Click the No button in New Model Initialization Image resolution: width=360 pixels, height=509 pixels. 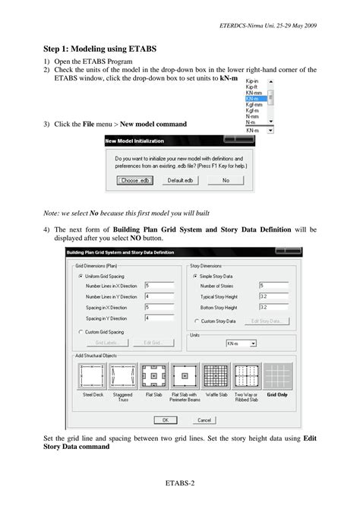pos(226,181)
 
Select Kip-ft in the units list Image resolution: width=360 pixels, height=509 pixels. pos(251,87)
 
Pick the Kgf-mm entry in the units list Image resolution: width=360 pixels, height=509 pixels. pos(254,104)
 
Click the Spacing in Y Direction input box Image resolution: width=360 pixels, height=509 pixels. pos(157,318)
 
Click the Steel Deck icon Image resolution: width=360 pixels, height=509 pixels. pos(93,375)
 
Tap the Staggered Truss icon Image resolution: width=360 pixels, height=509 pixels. pos(123,375)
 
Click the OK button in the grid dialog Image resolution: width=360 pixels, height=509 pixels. pos(164,419)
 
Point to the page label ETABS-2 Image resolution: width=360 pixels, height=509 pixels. pos(179,482)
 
